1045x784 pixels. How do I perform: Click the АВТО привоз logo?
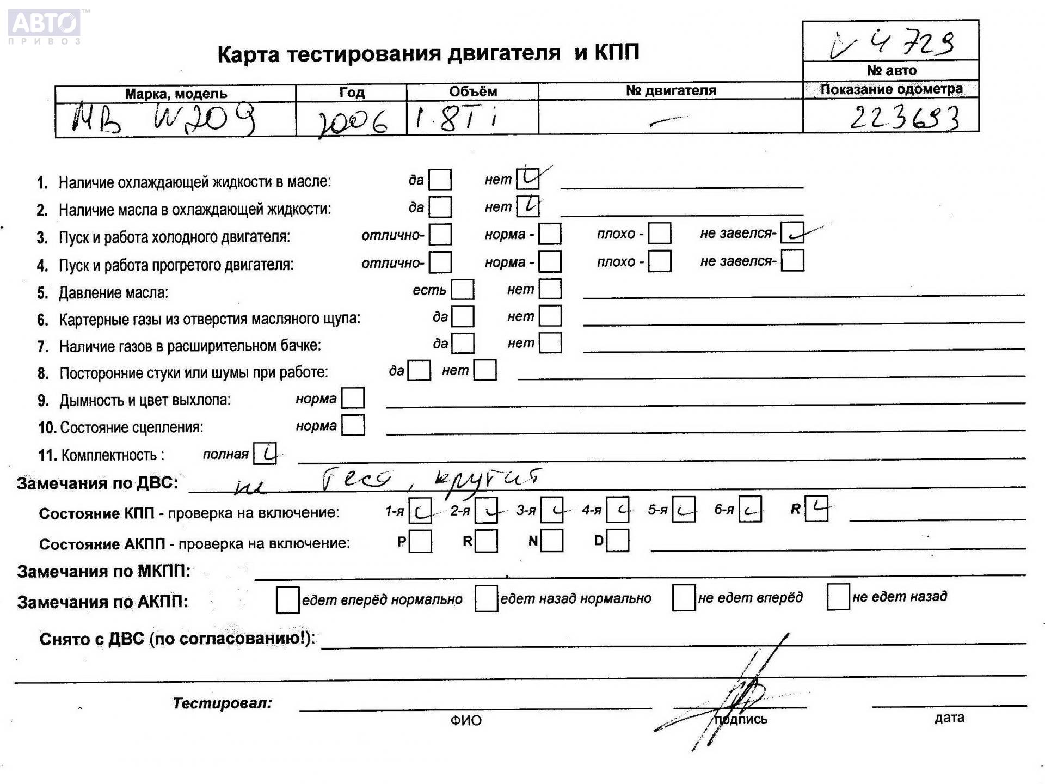pyautogui.click(x=45, y=26)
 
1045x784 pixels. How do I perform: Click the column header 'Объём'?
pyautogui.click(x=473, y=91)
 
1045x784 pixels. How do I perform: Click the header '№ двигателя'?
pyautogui.click(x=671, y=90)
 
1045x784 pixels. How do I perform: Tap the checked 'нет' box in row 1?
pyautogui.click(x=527, y=177)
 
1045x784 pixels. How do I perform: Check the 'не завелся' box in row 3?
pyautogui.click(x=792, y=233)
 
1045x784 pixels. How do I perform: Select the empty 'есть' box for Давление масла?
pyautogui.click(x=463, y=290)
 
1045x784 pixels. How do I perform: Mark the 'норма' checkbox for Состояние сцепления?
pyautogui.click(x=353, y=426)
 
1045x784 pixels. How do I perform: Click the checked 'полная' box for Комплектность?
pyautogui.click(x=265, y=454)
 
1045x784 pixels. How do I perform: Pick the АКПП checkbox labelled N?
pyautogui.click(x=552, y=541)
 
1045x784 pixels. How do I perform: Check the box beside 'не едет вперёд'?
pyautogui.click(x=684, y=598)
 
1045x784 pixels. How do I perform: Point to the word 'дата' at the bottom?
pyautogui.click(x=949, y=718)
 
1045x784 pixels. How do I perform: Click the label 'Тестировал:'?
pyautogui.click(x=222, y=703)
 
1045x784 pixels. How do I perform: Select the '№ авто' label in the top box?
pyautogui.click(x=891, y=70)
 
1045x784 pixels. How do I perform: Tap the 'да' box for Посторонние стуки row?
pyautogui.click(x=419, y=371)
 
